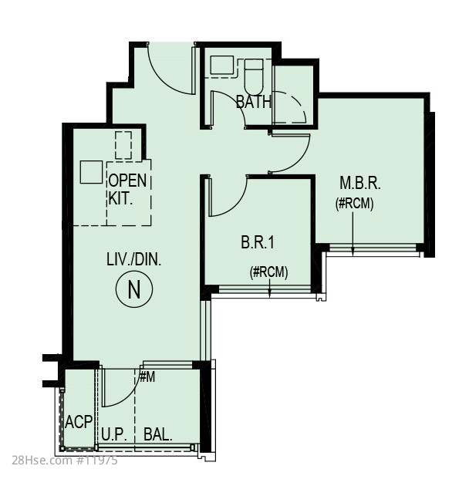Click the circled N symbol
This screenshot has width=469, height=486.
click(134, 289)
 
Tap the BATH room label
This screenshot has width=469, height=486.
click(254, 102)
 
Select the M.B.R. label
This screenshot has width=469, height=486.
click(360, 183)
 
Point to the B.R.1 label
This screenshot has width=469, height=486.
click(258, 242)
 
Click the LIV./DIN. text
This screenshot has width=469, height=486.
click(134, 259)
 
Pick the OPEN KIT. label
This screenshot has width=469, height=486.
click(127, 189)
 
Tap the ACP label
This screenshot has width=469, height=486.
click(79, 422)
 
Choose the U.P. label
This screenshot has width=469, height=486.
click(114, 434)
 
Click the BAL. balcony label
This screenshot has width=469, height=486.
click(158, 434)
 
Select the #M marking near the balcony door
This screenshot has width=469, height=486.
click(147, 377)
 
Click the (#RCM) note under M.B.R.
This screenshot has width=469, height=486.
click(354, 204)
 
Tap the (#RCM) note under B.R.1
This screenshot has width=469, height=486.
click(268, 272)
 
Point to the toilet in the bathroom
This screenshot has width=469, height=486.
click(254, 76)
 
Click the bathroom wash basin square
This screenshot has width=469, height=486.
click(222, 65)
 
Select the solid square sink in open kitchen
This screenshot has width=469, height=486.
click(91, 172)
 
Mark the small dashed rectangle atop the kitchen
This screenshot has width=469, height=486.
click(123, 145)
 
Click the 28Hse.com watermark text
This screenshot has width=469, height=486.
click(65, 461)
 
